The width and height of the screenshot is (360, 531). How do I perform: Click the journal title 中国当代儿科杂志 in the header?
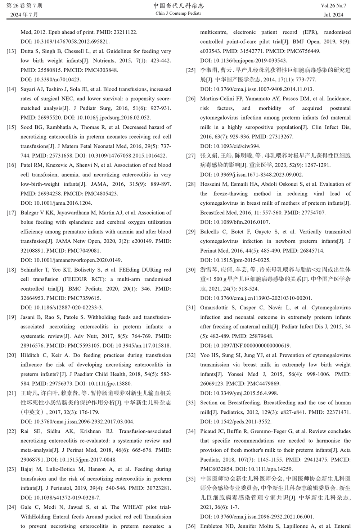click(x=179, y=5)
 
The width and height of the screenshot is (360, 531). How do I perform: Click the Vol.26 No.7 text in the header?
click(x=333, y=6)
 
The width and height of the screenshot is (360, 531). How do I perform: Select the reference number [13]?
click(x=11, y=51)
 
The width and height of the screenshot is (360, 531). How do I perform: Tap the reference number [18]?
click(x=11, y=270)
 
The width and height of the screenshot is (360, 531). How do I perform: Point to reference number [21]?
click(x=11, y=393)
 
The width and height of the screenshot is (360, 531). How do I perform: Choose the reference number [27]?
click(x=191, y=156)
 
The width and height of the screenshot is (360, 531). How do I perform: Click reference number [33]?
click(x=191, y=403)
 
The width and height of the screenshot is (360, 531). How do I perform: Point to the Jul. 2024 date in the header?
click(x=333, y=15)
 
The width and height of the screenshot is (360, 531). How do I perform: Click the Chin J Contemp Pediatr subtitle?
click(x=178, y=14)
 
